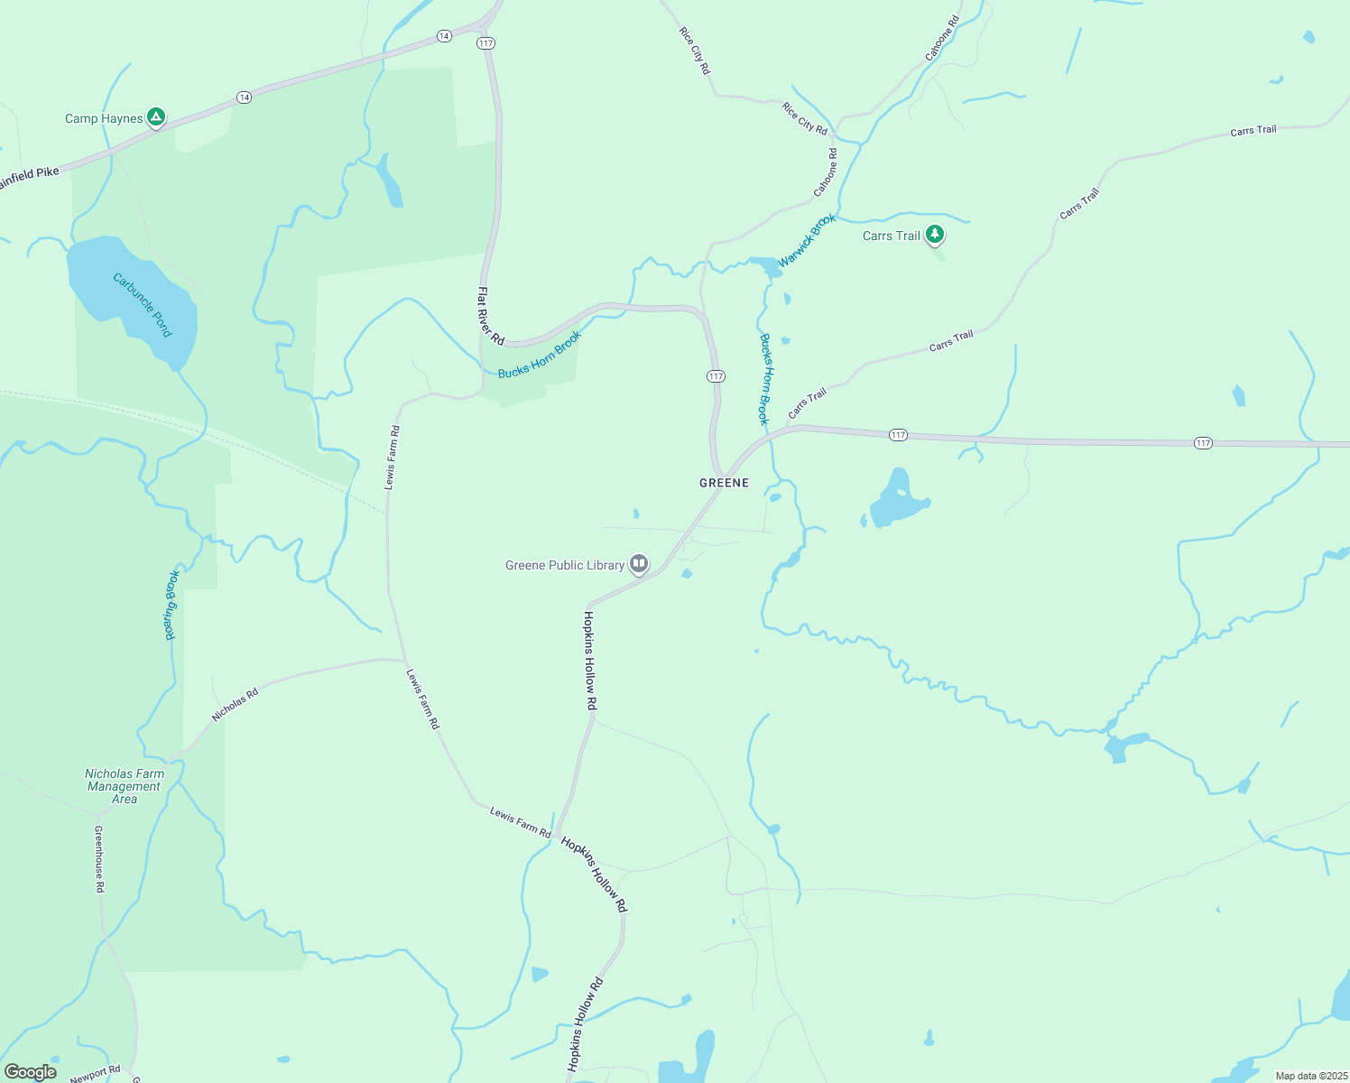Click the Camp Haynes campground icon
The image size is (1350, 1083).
tap(156, 116)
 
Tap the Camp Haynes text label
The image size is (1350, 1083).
tap(104, 118)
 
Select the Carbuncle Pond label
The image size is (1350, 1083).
tap(142, 304)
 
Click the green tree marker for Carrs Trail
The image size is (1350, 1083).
tap(935, 234)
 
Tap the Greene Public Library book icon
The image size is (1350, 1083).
tap(639, 564)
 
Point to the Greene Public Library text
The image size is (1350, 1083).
tap(565, 566)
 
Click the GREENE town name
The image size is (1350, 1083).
tap(724, 483)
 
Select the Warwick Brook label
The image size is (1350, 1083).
tap(808, 240)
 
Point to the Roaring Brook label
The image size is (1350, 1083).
tap(171, 605)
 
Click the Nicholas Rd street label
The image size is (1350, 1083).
tap(236, 704)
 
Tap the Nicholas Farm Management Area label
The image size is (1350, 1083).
tap(125, 786)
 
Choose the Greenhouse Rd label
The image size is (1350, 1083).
tap(99, 859)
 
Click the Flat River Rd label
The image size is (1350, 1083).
tap(490, 316)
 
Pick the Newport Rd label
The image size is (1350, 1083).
tap(95, 1074)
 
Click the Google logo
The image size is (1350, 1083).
tap(31, 1072)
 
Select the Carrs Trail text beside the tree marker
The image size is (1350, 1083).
tap(892, 236)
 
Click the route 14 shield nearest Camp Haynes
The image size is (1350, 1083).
tap(244, 97)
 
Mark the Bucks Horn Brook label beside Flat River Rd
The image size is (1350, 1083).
tap(540, 355)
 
